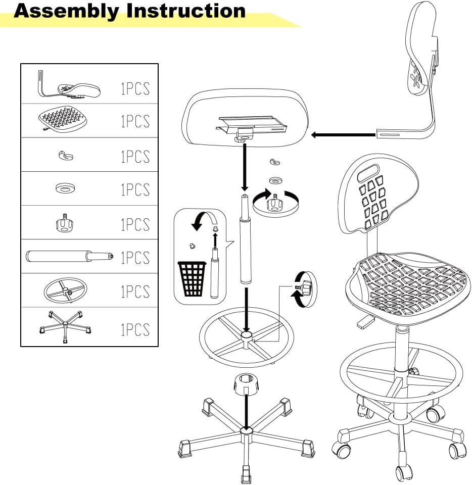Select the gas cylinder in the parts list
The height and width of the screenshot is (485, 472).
[69, 256]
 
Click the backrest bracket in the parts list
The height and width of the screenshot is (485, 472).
[68, 88]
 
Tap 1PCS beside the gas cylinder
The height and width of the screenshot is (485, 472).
[135, 258]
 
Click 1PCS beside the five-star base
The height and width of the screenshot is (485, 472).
[135, 329]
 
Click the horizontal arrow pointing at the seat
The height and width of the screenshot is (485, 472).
[344, 135]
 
